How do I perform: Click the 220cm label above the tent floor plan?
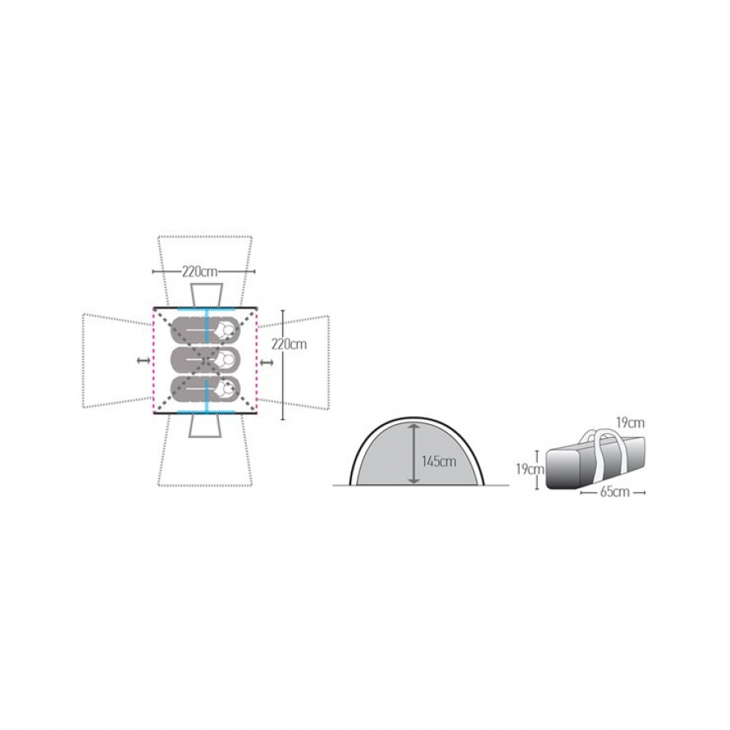pos(200,272)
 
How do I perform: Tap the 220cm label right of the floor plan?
pos(289,345)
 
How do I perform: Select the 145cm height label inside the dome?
pos(439,462)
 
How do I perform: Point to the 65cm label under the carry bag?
pos(614,492)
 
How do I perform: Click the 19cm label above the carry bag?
pos(630,423)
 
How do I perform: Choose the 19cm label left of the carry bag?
pos(530,470)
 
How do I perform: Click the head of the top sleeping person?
pos(228,329)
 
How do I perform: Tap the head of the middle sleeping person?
pos(228,359)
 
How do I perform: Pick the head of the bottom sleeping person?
pos(228,388)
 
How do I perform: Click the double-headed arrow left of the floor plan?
pos(143,360)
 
